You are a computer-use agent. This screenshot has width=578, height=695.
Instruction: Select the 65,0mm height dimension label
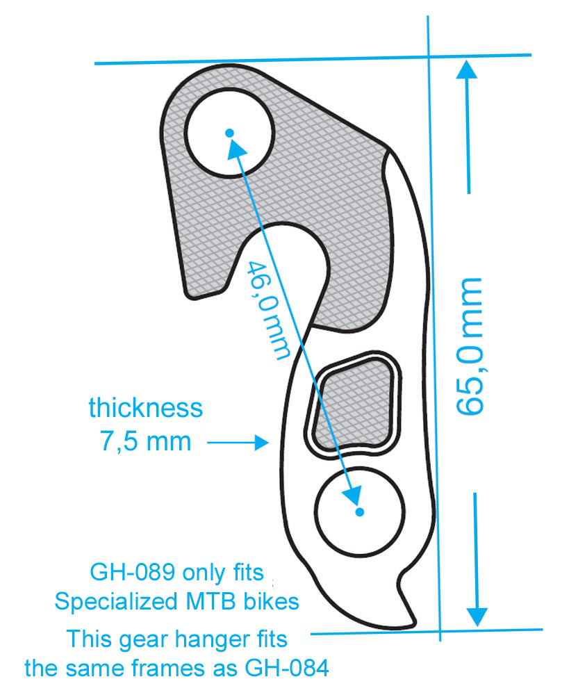tap(470, 346)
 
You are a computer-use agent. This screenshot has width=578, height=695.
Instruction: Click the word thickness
tap(146, 408)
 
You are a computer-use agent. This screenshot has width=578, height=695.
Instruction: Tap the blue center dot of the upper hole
tap(229, 133)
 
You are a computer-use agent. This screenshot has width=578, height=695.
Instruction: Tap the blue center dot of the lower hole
tap(359, 512)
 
